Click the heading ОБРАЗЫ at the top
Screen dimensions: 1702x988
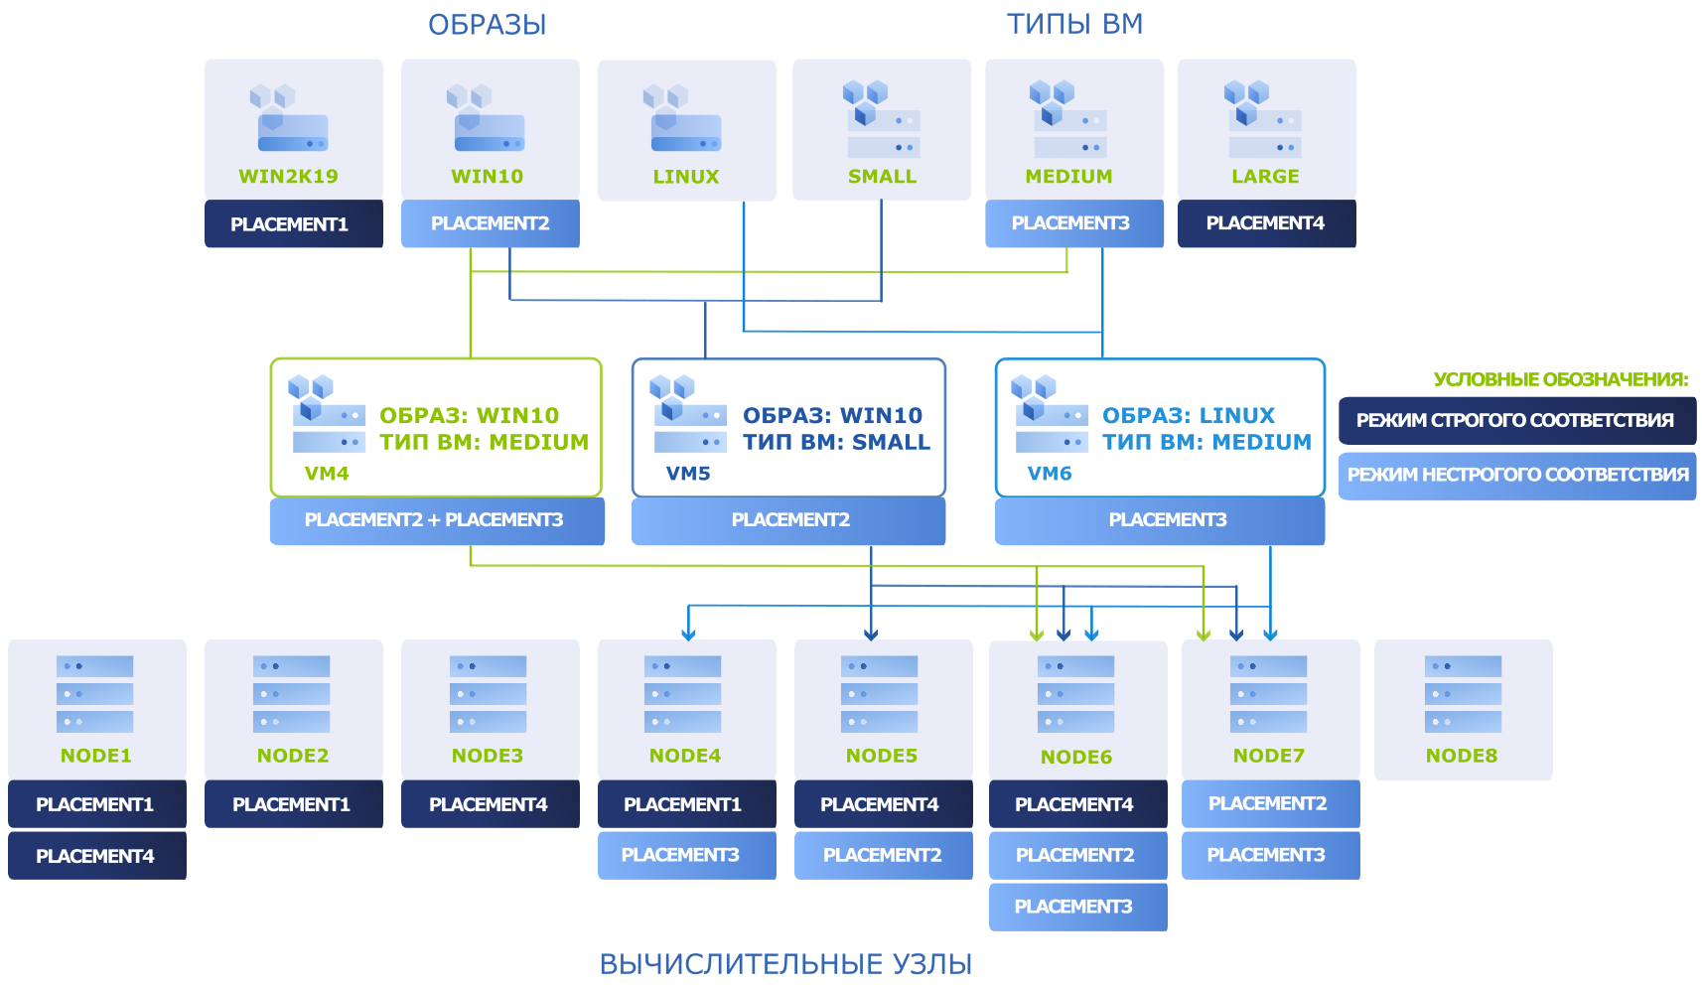click(x=487, y=25)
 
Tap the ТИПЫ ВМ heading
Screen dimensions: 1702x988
click(x=1074, y=24)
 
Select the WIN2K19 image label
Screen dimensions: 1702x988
click(x=289, y=177)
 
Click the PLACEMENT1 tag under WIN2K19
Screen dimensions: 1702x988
click(x=293, y=224)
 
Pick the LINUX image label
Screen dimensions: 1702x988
click(x=686, y=177)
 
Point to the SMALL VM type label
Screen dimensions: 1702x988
click(x=882, y=177)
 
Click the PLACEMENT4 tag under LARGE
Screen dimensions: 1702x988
click(x=1267, y=223)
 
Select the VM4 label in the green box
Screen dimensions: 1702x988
click(x=327, y=474)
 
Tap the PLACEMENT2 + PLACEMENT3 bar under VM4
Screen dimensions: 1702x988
click(x=437, y=520)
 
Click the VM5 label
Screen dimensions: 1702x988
click(x=688, y=474)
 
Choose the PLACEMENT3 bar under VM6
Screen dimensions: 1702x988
click(x=1160, y=520)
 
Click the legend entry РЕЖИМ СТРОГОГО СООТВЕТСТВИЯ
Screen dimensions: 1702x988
click(x=1517, y=420)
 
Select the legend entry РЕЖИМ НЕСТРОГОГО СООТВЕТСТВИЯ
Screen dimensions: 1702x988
click(x=1517, y=476)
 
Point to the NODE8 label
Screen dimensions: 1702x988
click(x=1462, y=756)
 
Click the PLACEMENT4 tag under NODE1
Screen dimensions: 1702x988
click(x=97, y=856)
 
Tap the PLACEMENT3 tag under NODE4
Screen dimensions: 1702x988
click(x=687, y=856)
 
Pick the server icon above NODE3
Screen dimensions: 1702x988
click(x=488, y=694)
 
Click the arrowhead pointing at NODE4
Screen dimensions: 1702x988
click(x=688, y=634)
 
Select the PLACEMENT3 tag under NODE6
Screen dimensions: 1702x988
click(x=1078, y=907)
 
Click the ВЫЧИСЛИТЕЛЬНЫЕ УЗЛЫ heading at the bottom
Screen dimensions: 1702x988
click(x=785, y=964)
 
